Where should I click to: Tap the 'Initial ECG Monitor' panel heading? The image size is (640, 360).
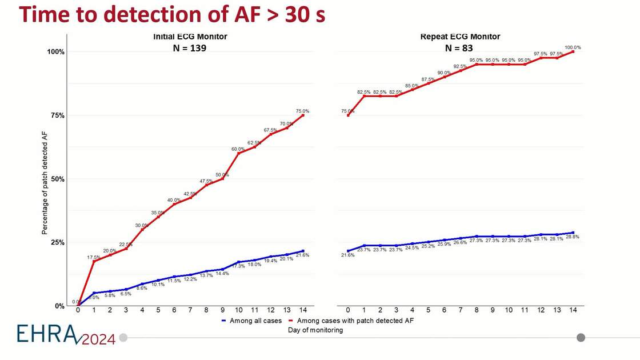[190, 37]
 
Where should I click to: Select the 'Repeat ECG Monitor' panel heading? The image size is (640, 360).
[460, 37]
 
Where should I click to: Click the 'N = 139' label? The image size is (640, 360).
[189, 49]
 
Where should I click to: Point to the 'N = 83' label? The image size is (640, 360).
[459, 49]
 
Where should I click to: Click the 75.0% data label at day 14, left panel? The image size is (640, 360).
[302, 111]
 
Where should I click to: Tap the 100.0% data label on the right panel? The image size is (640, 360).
[573, 47]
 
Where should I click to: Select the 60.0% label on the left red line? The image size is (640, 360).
[238, 149]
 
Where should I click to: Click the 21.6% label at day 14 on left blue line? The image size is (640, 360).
[302, 255]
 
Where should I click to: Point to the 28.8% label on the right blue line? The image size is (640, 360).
[573, 237]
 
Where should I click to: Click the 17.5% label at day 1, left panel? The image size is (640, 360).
[93, 257]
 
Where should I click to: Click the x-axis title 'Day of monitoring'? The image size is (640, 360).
[315, 330]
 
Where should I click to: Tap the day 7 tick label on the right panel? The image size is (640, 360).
[459, 310]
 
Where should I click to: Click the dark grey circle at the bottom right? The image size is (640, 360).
[581, 337]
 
